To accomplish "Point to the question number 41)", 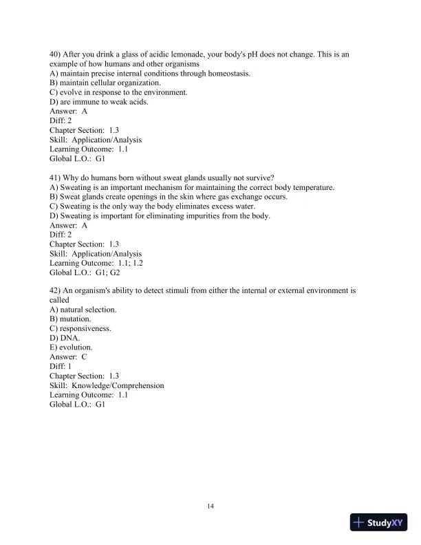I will (56, 178).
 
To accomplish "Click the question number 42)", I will (56, 290).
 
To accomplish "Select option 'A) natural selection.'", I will (83, 310).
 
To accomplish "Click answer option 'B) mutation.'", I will (70, 319).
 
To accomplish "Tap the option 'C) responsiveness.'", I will (80, 329).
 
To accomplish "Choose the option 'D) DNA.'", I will (65, 339).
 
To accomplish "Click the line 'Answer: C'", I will (69, 357).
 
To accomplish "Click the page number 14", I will (210, 506).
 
